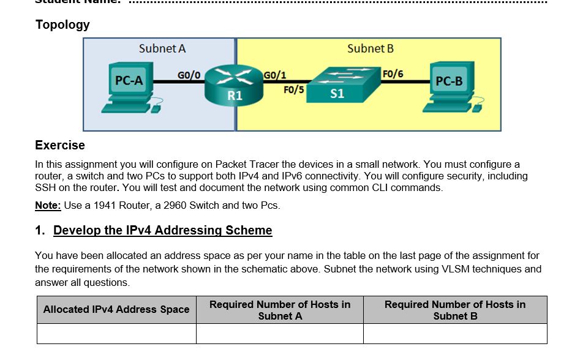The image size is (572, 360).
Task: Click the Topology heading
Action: [62, 25]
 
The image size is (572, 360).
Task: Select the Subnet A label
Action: [162, 48]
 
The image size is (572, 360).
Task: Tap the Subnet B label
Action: [370, 48]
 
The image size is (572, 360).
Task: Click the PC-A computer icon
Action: [130, 87]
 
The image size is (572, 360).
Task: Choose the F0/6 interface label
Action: [393, 74]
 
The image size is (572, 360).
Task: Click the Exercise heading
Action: [60, 145]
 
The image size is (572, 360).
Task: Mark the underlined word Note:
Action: [48, 206]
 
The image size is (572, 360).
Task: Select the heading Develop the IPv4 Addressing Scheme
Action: [162, 230]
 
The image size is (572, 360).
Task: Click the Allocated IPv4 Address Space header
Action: [116, 310]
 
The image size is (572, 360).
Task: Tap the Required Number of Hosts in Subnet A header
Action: [280, 310]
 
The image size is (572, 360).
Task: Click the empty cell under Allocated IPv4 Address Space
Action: [116, 334]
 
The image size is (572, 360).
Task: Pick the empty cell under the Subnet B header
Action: [454, 334]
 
